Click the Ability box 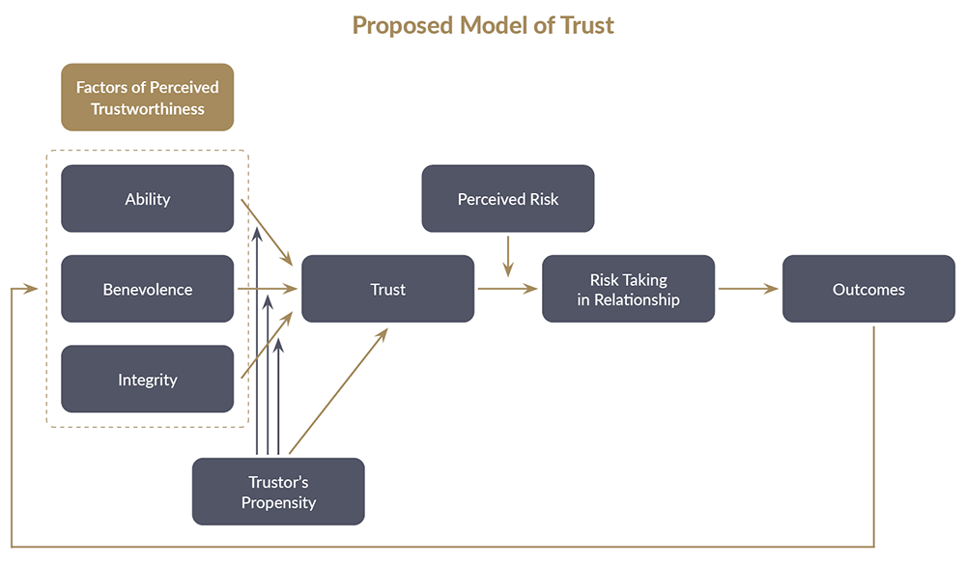point(147,199)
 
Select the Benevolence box point(147,289)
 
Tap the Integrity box point(147,380)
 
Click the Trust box point(387,289)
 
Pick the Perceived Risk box point(508,199)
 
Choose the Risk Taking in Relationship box point(628,289)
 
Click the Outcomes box point(868,289)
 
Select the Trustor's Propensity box point(278,492)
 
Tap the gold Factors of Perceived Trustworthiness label point(148,98)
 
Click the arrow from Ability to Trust point(268,233)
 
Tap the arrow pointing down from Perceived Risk point(508,256)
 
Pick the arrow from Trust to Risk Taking point(508,288)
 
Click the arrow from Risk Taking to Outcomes point(749,288)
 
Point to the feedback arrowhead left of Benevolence point(31,288)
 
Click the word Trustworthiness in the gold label point(148,109)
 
